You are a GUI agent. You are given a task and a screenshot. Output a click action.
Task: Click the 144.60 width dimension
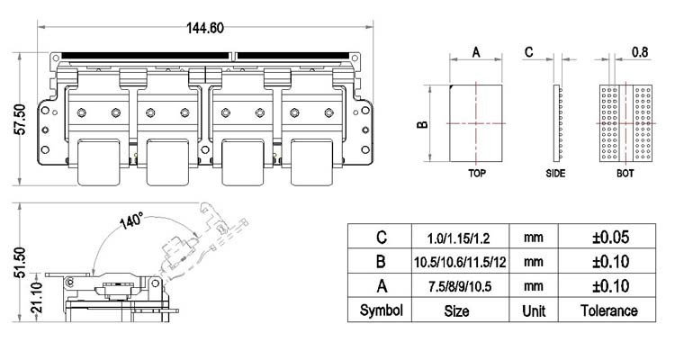pos(205,27)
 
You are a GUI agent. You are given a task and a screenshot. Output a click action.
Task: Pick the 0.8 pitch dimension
pos(640,52)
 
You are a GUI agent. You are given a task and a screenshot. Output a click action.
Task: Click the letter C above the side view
pos(529,52)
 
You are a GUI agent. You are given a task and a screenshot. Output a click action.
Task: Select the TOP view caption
pos(477,173)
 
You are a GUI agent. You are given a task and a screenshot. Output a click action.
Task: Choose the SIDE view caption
pos(555,173)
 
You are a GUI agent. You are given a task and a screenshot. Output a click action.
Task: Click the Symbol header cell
pos(382,310)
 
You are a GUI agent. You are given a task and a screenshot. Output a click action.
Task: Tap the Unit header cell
pos(533,310)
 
